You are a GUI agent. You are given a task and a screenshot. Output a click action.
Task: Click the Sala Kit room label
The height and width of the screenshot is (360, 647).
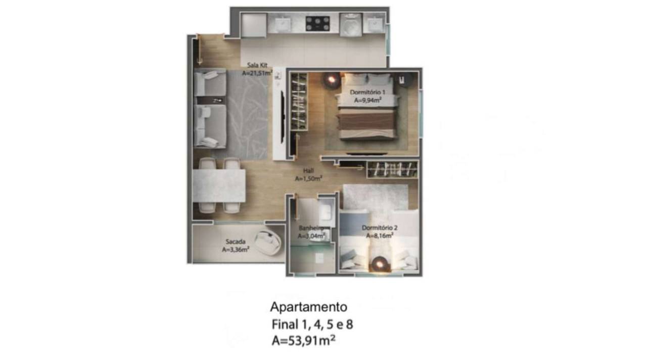[257, 65]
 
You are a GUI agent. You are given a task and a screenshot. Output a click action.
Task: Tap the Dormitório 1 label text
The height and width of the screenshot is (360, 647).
[367, 93]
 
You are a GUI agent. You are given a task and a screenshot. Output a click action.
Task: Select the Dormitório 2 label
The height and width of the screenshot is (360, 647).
[379, 228]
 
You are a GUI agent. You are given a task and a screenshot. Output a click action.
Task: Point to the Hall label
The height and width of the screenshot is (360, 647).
[308, 171]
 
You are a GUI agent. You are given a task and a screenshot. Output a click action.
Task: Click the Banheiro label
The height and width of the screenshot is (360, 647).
[311, 228]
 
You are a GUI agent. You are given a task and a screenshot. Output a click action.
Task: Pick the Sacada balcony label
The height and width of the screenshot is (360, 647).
[236, 242]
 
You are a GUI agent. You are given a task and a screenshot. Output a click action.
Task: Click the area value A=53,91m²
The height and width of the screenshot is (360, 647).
[304, 341]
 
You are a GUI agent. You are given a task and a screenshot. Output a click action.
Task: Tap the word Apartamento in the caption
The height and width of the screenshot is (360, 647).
[308, 307]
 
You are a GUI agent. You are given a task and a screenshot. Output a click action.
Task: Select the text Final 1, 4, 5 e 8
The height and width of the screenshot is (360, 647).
[312, 325]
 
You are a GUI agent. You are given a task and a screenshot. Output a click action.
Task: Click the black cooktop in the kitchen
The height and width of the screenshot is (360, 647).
[318, 23]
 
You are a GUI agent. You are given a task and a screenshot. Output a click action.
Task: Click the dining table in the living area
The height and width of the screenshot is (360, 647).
[219, 186]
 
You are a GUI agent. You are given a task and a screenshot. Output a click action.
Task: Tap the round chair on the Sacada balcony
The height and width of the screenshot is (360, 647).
[268, 243]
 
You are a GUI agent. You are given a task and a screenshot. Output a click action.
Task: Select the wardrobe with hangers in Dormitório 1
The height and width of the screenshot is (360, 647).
[299, 102]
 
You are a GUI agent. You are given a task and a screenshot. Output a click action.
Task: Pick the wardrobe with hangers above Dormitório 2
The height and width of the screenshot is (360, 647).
[392, 169]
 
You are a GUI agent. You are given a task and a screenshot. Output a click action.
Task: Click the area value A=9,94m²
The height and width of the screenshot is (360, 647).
[367, 100]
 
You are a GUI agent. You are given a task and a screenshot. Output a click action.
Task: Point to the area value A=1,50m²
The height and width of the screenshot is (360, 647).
[308, 179]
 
